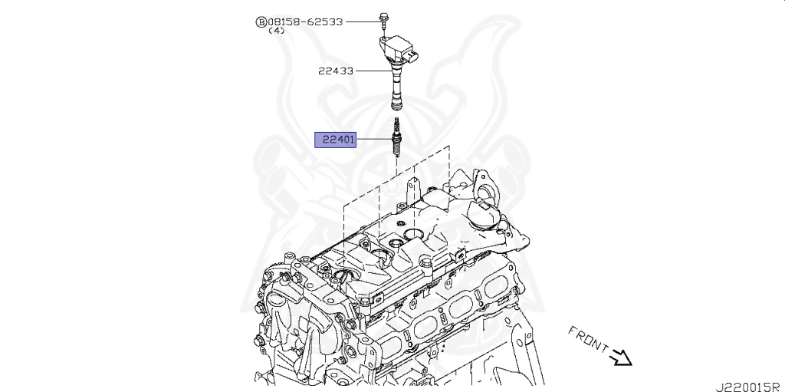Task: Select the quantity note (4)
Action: pos(276,31)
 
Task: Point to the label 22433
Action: pos(336,71)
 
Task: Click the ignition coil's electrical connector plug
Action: pos(415,56)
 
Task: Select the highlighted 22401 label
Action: pos(336,140)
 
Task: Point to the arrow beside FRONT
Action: pos(621,357)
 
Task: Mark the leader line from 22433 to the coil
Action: pos(372,71)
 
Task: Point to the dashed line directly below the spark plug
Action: pos(396,173)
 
